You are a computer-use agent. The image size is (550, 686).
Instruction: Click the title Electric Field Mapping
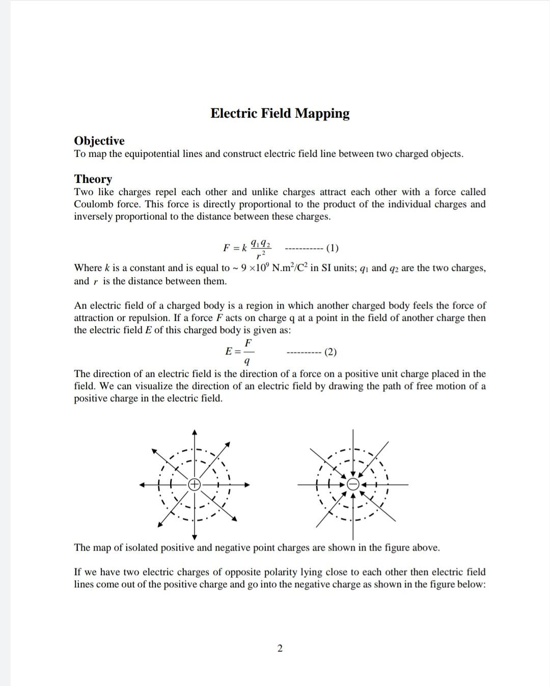(280, 113)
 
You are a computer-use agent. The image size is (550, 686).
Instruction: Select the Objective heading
(99, 141)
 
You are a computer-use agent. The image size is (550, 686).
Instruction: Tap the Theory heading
(93, 179)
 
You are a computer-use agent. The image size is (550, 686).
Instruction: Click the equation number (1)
(332, 248)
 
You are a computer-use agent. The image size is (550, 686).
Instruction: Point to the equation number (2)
(330, 352)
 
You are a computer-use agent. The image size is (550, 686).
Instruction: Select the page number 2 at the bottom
(280, 648)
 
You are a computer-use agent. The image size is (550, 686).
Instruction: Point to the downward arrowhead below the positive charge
(195, 537)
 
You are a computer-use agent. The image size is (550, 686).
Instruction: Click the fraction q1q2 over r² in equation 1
(262, 248)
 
